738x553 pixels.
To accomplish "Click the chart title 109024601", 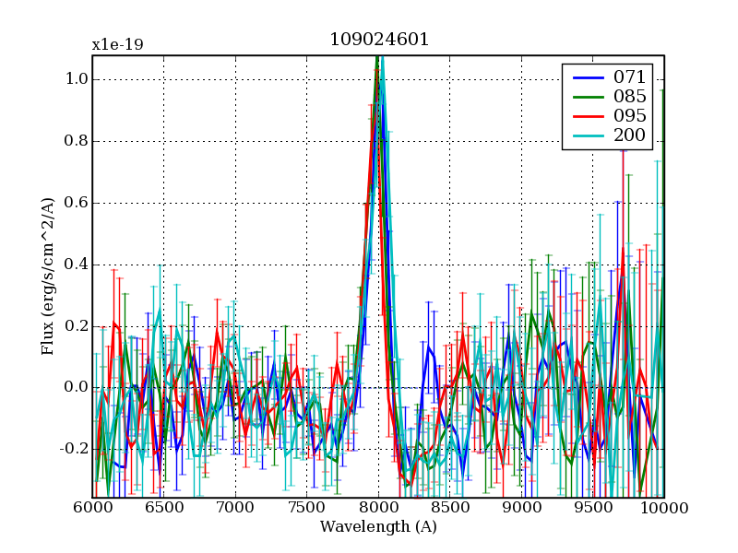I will (378, 40).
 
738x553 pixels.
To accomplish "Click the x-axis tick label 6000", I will (92, 508).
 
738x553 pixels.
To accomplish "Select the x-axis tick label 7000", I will (235, 508).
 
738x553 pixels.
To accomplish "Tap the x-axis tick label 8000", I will (378, 508).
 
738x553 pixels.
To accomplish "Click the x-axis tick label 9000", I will (521, 508).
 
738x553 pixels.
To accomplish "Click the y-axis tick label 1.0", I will (76, 80).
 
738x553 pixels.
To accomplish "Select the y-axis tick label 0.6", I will (76, 203).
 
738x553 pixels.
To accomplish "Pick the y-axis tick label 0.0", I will (76, 387).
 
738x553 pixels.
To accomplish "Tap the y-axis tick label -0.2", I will (73, 449).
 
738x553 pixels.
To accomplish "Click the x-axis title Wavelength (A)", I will (378, 527).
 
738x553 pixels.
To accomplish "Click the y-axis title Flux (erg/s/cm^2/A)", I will (47, 276).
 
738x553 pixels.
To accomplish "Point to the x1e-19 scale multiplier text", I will (117, 44).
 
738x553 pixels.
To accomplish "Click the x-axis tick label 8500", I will (450, 508).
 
